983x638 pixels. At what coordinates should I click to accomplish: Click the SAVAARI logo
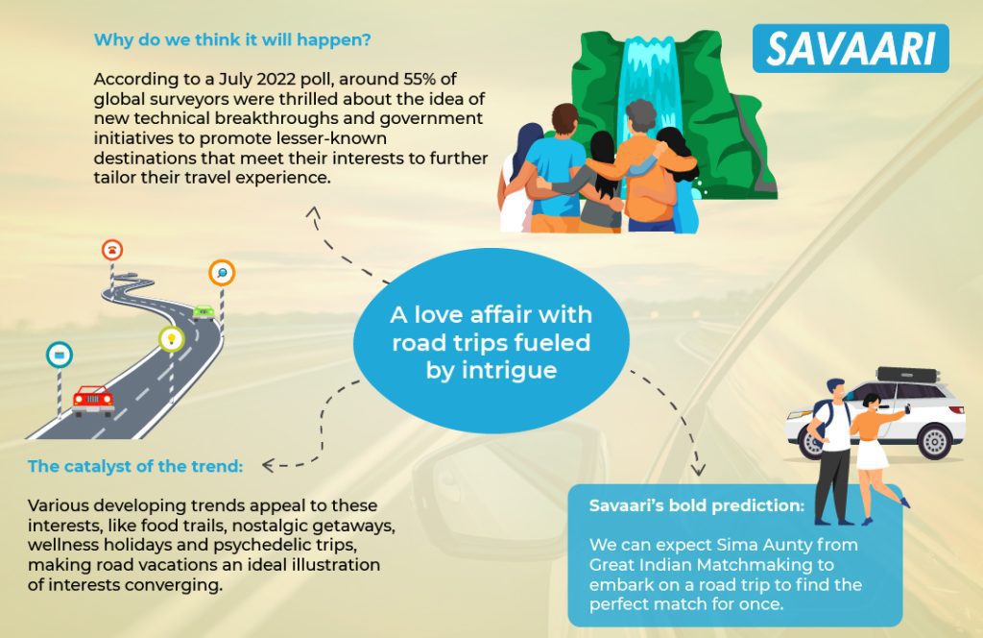pyautogui.click(x=851, y=48)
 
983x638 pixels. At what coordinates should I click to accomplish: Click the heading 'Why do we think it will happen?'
pyautogui.click(x=232, y=40)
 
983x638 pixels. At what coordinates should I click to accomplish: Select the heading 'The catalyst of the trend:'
pyautogui.click(x=135, y=466)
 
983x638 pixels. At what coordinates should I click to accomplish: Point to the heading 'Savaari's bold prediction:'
pyautogui.click(x=697, y=505)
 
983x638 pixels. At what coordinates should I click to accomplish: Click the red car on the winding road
pyautogui.click(x=93, y=401)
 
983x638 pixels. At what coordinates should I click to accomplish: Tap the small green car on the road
pyautogui.click(x=204, y=311)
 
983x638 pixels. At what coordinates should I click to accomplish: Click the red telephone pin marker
pyautogui.click(x=112, y=250)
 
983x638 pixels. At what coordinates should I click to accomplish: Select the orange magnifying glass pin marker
pyautogui.click(x=222, y=273)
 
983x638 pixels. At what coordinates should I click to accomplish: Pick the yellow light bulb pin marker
pyautogui.click(x=171, y=339)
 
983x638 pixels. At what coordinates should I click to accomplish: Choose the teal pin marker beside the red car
pyautogui.click(x=60, y=356)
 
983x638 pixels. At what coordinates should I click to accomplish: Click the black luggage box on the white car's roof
pyautogui.click(x=908, y=375)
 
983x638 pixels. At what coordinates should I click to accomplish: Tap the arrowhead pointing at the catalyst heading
pyautogui.click(x=268, y=465)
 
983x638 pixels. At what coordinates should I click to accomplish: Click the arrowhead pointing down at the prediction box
pyautogui.click(x=698, y=470)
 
